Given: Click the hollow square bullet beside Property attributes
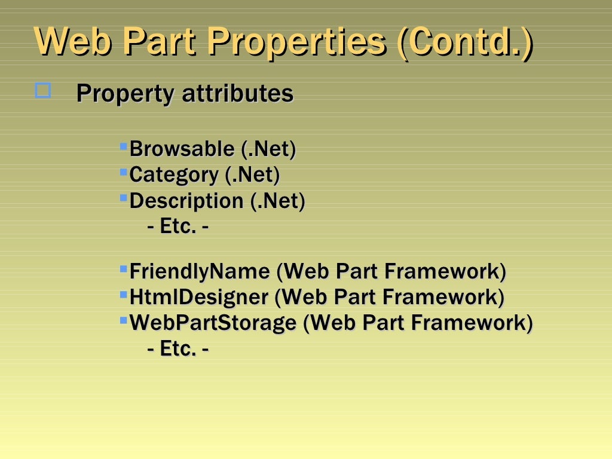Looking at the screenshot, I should pos(43,91).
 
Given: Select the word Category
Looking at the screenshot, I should pos(174,175).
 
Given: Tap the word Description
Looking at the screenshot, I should pos(186,201).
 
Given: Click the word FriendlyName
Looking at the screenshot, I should pos(200,271).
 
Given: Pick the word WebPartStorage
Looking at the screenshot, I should pos(213,323).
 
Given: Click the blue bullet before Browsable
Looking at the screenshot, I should pos(124,146).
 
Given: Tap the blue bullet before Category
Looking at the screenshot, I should pos(124,172).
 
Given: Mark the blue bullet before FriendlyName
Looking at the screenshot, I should pos(124,268).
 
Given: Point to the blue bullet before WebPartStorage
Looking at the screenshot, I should pos(124,320).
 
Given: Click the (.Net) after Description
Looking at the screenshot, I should pos(277,201).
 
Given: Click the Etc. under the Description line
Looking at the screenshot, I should pos(178,227).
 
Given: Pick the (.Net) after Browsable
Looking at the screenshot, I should pos(268,149).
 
